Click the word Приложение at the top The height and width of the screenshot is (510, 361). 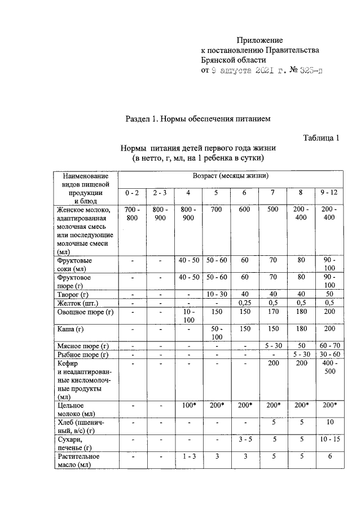point(259,40)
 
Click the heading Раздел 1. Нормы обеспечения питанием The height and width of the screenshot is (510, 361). point(198,119)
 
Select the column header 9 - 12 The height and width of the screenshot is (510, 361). point(328,193)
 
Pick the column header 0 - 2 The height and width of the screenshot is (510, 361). point(132,193)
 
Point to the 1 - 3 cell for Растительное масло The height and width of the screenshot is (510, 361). point(188,457)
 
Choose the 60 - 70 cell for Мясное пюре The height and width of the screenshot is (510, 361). point(328,346)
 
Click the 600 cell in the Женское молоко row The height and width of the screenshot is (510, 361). point(244,210)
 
